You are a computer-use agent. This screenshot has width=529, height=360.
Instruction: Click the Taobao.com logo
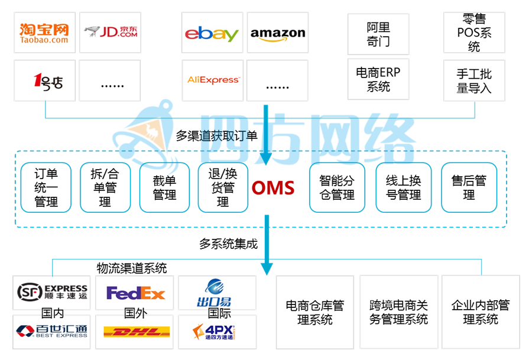[x=44, y=33]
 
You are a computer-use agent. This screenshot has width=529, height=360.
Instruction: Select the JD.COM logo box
[x=110, y=33]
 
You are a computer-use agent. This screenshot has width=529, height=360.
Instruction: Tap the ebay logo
[x=211, y=34]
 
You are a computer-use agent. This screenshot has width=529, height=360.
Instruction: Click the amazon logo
[x=277, y=34]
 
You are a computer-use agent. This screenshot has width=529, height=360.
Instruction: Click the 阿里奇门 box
[x=378, y=34]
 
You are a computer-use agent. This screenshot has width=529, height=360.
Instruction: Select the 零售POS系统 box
[x=474, y=33]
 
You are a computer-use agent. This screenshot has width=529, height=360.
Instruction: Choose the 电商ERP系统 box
[x=378, y=80]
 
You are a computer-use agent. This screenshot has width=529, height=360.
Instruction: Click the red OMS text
[x=272, y=188]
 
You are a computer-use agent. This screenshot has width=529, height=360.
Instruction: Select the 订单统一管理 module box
[x=46, y=188]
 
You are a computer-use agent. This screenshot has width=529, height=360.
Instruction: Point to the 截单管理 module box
[x=164, y=188]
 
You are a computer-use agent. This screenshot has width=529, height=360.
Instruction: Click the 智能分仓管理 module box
[x=337, y=188]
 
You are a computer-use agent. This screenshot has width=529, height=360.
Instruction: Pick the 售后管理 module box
[x=469, y=188]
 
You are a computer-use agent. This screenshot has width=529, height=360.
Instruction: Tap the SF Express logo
[x=52, y=292]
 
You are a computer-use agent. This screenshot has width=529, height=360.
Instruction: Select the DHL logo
[x=135, y=332]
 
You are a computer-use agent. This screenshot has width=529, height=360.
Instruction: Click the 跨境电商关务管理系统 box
[x=398, y=312]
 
